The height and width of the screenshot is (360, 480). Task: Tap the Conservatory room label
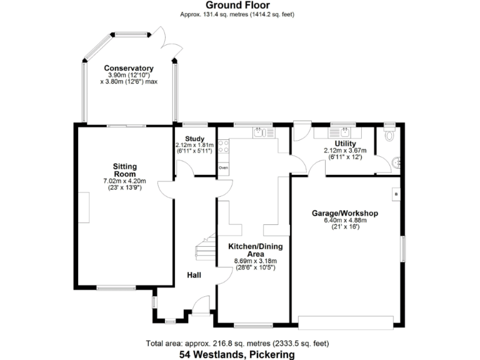click(x=129, y=68)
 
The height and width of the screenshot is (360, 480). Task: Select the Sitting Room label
click(x=124, y=170)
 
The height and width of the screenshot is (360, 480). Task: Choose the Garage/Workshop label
click(x=345, y=213)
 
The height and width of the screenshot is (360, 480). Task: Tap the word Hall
click(x=194, y=275)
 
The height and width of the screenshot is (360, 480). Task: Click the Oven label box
click(x=223, y=168)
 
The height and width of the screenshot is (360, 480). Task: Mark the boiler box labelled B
click(x=395, y=194)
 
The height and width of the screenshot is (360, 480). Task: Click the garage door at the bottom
click(x=345, y=322)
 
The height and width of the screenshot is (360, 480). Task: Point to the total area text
click(x=237, y=344)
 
